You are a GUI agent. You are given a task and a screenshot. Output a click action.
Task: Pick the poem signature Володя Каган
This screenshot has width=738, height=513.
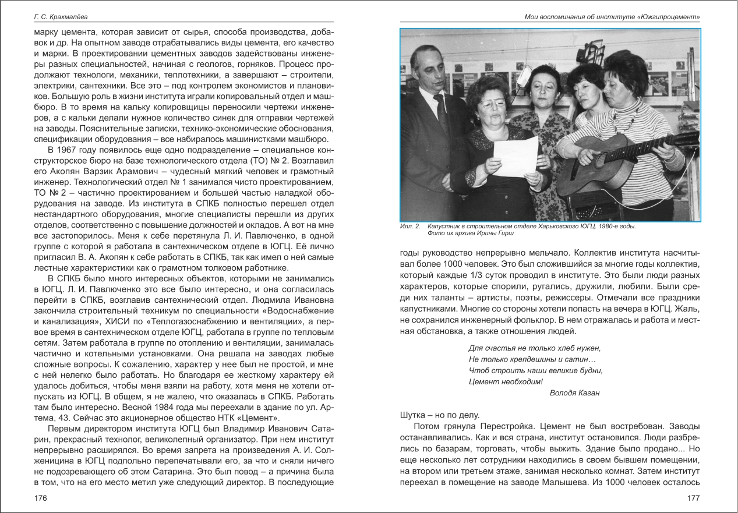(574, 392)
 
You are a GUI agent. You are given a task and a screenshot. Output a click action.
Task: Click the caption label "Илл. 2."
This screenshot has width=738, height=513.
(410, 226)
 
